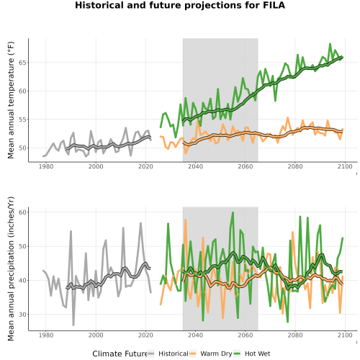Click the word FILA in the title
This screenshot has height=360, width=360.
point(274,5)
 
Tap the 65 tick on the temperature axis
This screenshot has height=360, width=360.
point(24,63)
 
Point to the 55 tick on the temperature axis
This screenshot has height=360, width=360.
point(24,120)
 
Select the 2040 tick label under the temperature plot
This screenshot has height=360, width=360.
point(195,166)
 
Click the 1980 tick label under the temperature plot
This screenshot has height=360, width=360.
point(46,166)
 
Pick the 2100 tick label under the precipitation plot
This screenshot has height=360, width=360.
point(345,335)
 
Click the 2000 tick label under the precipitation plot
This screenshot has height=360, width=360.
point(96,335)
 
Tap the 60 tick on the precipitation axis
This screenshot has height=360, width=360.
point(24,212)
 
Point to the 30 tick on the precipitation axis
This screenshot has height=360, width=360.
point(24,315)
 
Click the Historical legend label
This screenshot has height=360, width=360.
point(174,354)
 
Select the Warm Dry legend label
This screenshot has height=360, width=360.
point(216,354)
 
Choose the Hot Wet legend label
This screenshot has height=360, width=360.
point(258,354)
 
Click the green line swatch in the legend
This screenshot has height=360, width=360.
point(237,354)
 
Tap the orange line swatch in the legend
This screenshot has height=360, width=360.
point(193,354)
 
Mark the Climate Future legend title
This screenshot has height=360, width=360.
point(120,354)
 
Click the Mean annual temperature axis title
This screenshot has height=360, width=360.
point(11,100)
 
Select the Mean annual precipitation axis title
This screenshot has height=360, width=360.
point(11,269)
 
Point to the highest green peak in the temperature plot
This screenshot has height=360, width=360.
point(330,44)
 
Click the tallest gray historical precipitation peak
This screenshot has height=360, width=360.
point(140,223)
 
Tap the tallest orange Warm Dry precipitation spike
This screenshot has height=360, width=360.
point(185,220)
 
